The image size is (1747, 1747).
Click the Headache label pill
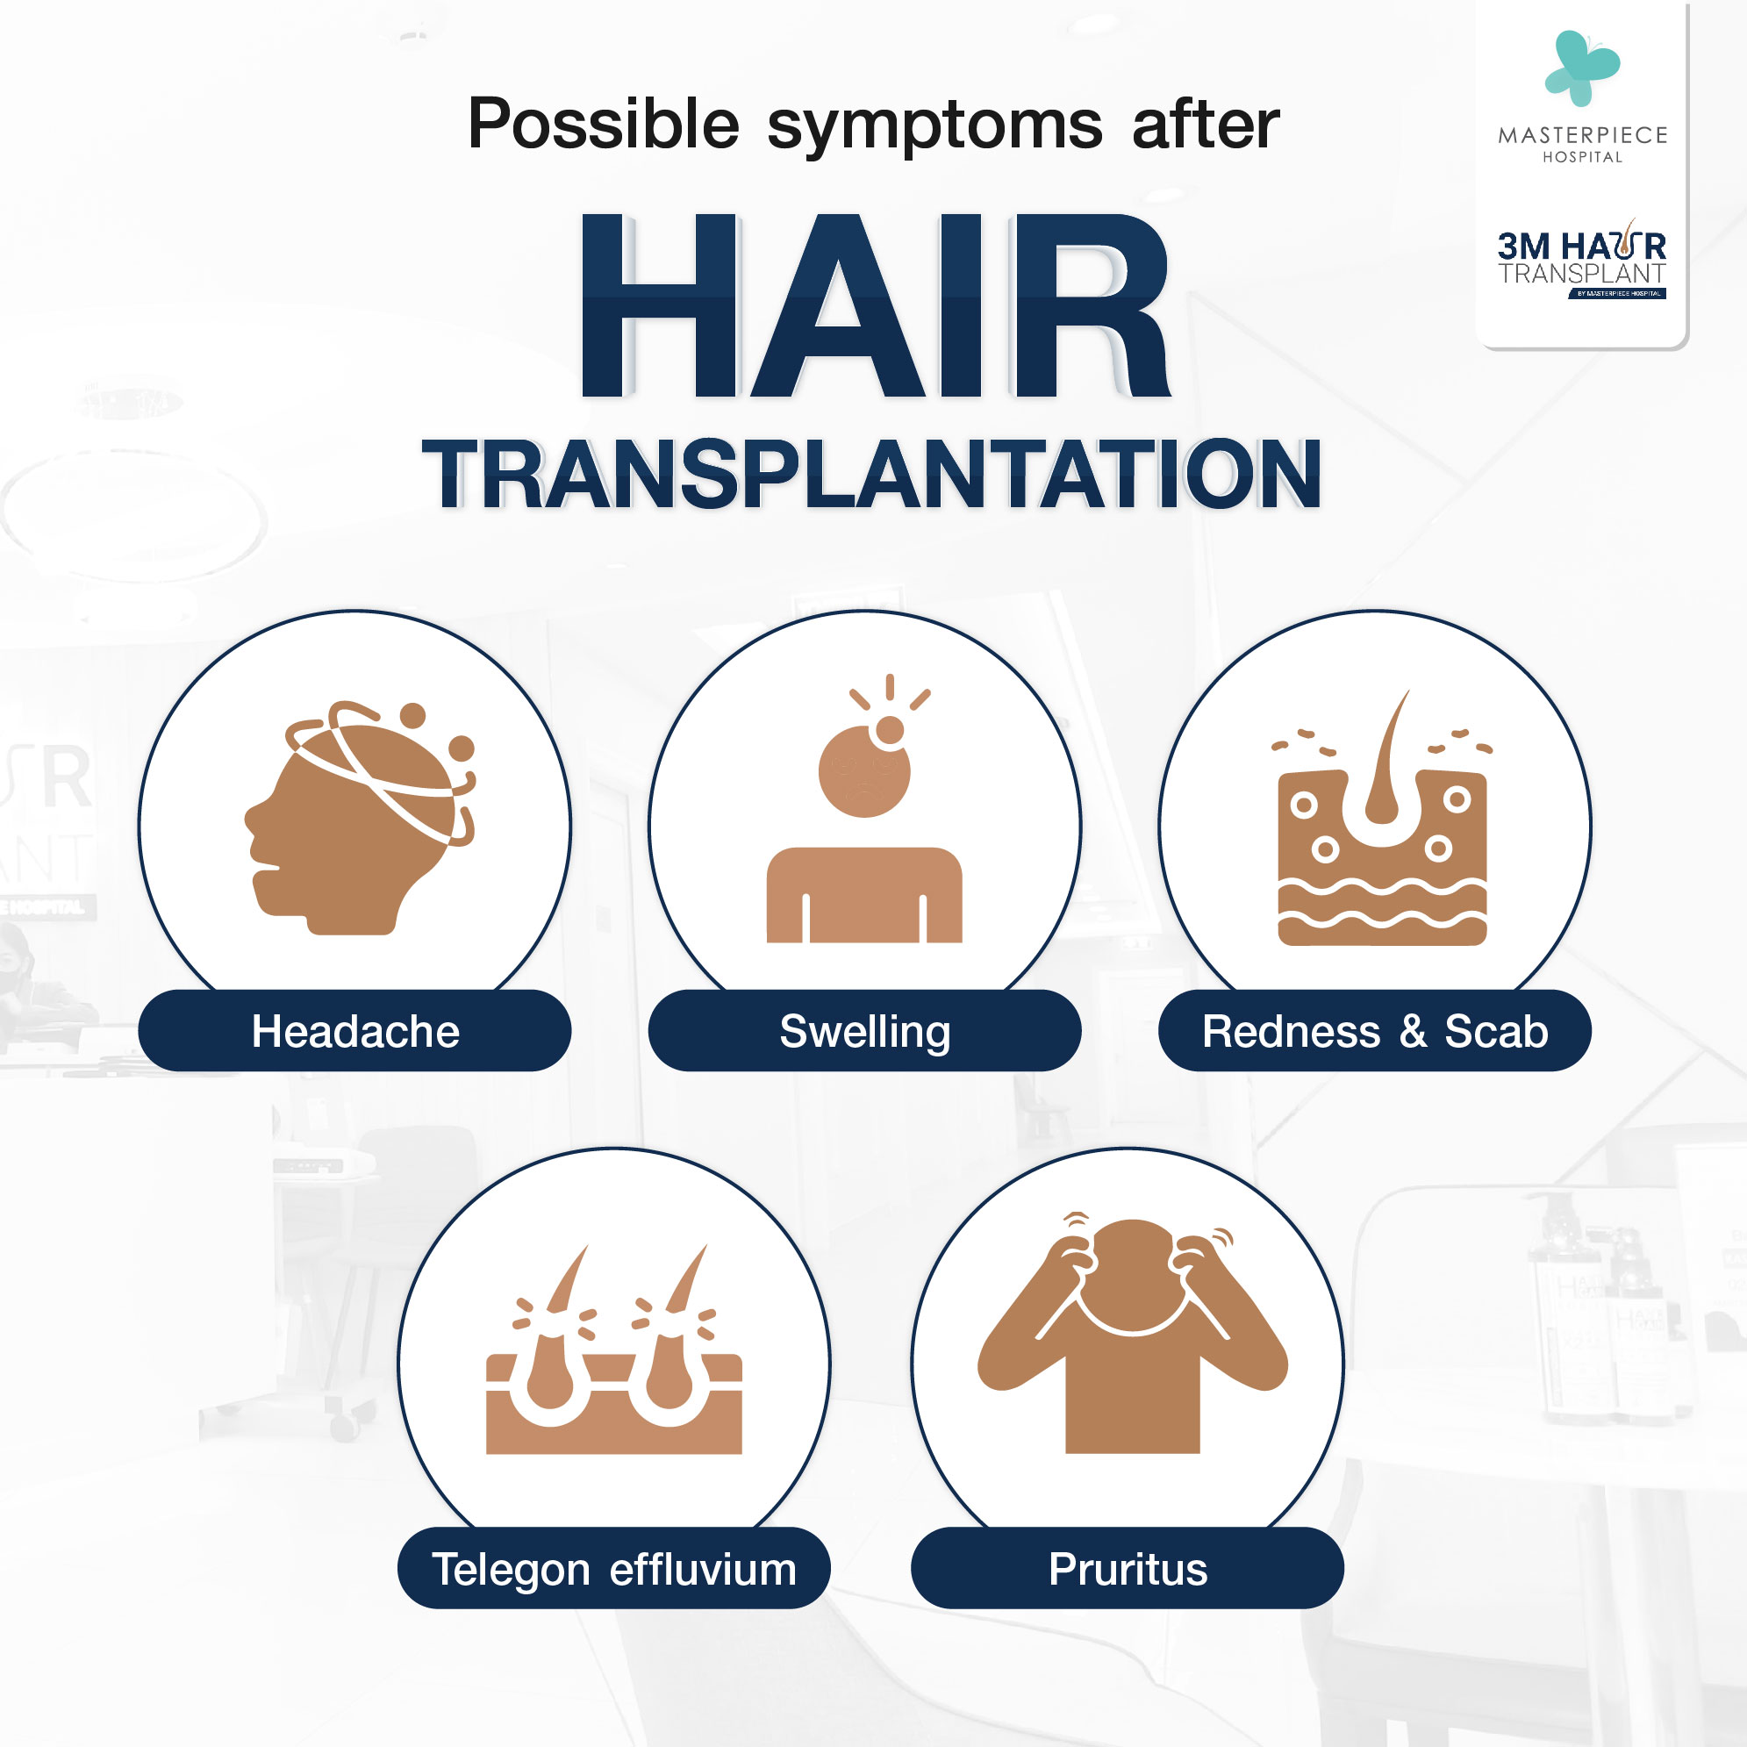click(354, 1030)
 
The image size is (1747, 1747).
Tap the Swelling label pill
click(864, 1030)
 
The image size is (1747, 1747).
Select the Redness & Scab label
click(1374, 1030)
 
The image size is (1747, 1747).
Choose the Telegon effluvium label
click(614, 1568)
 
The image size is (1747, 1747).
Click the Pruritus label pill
click(1128, 1568)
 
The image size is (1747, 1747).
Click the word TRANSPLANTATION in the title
click(871, 474)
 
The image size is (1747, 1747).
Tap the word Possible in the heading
click(603, 124)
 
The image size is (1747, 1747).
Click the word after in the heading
click(1206, 124)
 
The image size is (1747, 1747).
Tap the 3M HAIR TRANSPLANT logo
click(1581, 260)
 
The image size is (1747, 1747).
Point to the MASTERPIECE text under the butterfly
click(1582, 136)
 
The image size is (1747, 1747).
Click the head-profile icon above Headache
click(361, 818)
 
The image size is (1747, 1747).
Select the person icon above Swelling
click(864, 809)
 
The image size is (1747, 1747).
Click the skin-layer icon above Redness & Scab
click(1383, 819)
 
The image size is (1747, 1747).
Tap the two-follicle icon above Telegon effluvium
click(614, 1350)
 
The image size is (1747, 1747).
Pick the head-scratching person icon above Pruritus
click(1132, 1333)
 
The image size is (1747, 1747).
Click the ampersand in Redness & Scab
click(1414, 1032)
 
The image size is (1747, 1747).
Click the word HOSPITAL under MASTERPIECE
click(1582, 157)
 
